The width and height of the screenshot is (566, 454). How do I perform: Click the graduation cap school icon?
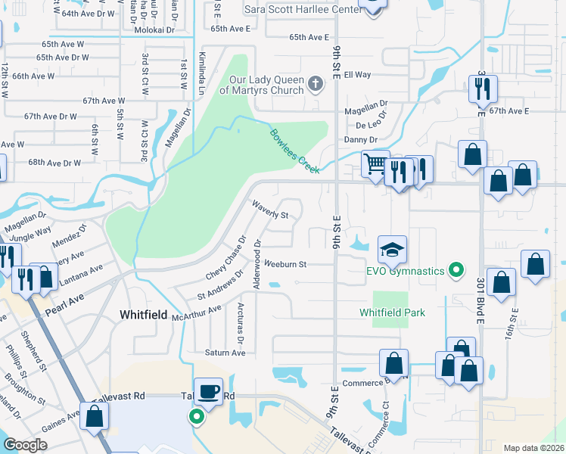[x=393, y=248]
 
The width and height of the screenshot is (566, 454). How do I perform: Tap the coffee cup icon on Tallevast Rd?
[x=208, y=391]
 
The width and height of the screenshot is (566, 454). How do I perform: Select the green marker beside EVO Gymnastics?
[x=456, y=269]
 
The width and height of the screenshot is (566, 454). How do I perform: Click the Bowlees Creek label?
[x=295, y=151]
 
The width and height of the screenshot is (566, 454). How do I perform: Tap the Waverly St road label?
[x=271, y=210]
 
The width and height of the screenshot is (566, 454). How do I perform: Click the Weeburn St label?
[x=285, y=264]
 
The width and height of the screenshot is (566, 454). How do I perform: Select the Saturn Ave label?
[x=225, y=353]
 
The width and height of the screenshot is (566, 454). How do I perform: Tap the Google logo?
[x=25, y=445]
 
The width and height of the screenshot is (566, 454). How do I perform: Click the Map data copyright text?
[x=533, y=448]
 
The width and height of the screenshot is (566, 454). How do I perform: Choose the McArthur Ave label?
[x=196, y=314]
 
